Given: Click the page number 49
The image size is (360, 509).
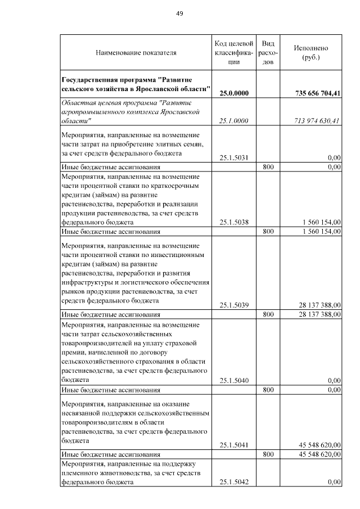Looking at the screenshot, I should (180, 13).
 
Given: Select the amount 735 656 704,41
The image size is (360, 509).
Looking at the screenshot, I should (318, 93).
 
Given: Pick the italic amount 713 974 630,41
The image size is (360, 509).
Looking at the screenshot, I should (318, 121).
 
